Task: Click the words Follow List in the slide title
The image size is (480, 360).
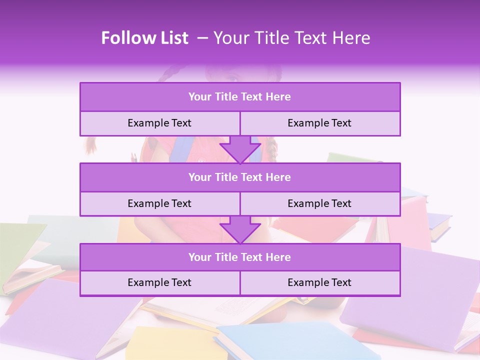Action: [x=145, y=38]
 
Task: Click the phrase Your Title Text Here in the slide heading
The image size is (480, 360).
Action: [x=291, y=38]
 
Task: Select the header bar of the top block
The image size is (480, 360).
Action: [x=240, y=97]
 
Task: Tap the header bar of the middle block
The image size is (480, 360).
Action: [x=240, y=177]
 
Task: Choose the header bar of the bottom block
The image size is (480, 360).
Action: [x=240, y=257]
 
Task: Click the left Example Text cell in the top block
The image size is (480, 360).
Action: [x=159, y=123]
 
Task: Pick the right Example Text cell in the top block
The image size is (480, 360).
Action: [x=319, y=123]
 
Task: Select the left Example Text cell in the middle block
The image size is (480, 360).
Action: [x=159, y=203]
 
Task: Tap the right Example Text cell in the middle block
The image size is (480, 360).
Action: [x=319, y=203]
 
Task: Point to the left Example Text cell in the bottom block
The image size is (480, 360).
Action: [x=159, y=282]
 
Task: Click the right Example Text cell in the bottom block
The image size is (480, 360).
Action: [x=319, y=282]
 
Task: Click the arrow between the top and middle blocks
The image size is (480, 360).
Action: [x=240, y=149]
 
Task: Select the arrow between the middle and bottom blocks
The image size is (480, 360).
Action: [x=240, y=229]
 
